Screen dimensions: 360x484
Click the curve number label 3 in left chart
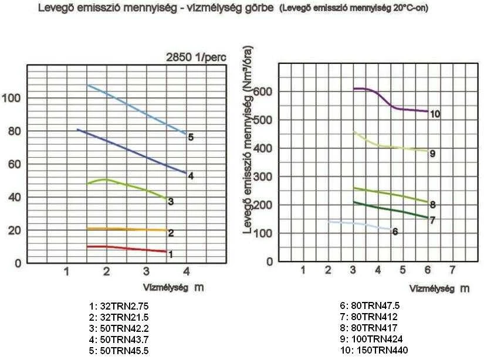coord(171,202)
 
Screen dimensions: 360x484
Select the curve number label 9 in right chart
coord(432,154)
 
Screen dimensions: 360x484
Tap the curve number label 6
coord(395,232)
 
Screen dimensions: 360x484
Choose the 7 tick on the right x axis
coord(452,270)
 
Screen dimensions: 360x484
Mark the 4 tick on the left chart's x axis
coord(187,272)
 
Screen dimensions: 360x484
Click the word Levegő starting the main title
coord(54,9)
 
